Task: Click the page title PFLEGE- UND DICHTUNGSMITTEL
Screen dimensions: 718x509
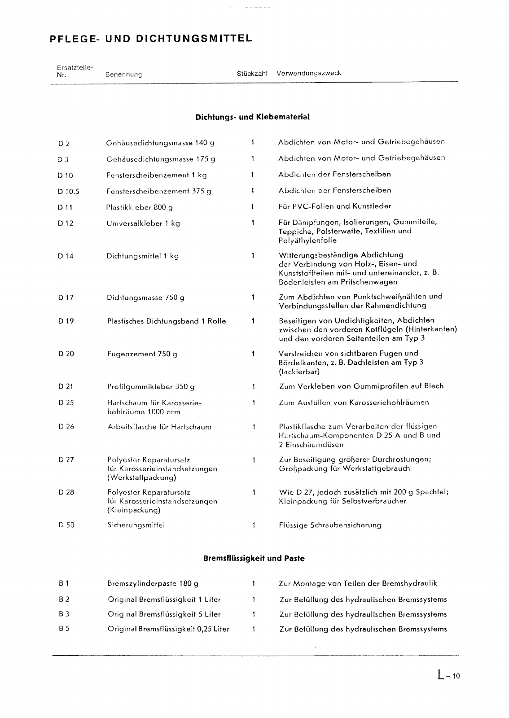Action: tap(151, 39)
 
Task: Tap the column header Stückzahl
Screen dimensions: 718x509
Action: tap(252, 74)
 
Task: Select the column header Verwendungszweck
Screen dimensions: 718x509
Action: tap(309, 73)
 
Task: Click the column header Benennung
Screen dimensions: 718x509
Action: tap(123, 74)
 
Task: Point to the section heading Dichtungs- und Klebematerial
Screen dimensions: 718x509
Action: tap(252, 117)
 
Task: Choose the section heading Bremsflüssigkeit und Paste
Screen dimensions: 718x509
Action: tap(254, 559)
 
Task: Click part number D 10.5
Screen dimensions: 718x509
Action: tap(68, 192)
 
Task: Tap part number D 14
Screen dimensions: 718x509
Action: tap(66, 256)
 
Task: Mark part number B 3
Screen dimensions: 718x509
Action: tap(64, 614)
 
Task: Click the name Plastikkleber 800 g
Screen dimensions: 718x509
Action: tap(140, 207)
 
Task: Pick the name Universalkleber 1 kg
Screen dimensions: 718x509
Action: tap(143, 223)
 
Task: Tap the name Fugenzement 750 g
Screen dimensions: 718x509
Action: tap(142, 354)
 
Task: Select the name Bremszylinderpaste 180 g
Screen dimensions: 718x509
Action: tap(153, 584)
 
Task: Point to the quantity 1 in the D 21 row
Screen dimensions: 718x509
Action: tap(254, 386)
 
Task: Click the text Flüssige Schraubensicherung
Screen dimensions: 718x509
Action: tap(330, 525)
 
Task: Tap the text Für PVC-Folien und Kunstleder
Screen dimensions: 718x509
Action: tap(334, 206)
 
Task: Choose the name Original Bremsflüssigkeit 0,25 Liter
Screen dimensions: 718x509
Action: tap(168, 629)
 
